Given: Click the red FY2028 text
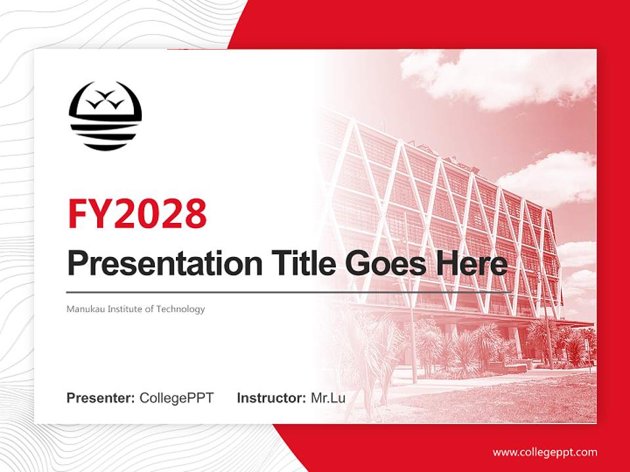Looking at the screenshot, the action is (x=137, y=214).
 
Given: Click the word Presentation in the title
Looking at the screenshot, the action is (x=165, y=264).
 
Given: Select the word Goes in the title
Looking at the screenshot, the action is (x=385, y=264).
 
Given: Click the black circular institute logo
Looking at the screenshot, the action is (x=105, y=116).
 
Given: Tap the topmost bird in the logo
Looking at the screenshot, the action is (x=105, y=94).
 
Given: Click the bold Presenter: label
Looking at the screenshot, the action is (x=100, y=398).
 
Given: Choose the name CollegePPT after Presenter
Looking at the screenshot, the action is (x=177, y=398).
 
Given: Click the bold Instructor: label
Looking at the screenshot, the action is (x=272, y=398).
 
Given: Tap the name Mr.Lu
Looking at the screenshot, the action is (x=328, y=398).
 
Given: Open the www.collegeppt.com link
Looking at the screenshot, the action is (x=545, y=453).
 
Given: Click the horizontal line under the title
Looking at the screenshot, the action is (x=289, y=292).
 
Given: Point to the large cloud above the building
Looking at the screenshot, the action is (x=498, y=78).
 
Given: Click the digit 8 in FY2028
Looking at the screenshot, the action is (x=196, y=214).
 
